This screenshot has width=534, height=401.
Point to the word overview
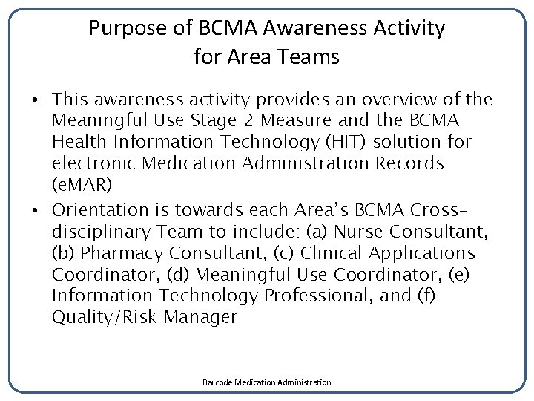tap(411, 100)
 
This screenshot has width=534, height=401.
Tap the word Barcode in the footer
tap(218, 382)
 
